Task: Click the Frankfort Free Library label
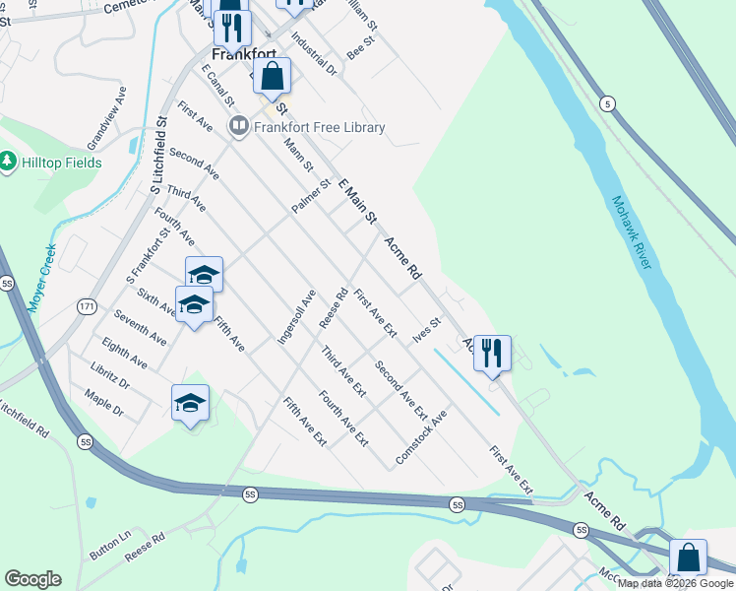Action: click(x=319, y=127)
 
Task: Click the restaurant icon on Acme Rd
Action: click(x=492, y=354)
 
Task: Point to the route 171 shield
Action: click(x=87, y=308)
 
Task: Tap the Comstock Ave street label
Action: click(x=420, y=438)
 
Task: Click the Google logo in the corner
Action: click(x=32, y=579)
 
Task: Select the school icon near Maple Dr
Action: click(x=190, y=402)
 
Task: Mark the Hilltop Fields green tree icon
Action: click(x=9, y=161)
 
